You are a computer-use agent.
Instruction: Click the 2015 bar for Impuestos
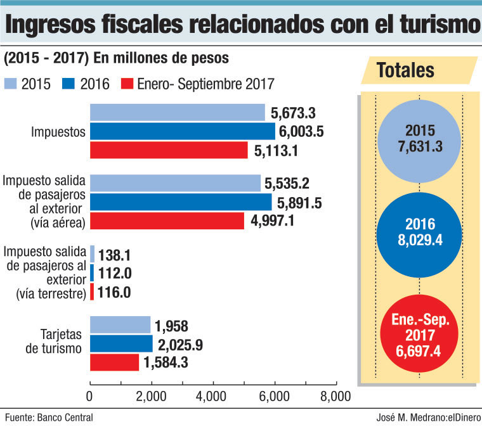pos(178,112)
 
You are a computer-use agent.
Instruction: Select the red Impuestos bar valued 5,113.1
pos(169,150)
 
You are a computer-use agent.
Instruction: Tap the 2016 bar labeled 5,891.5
pos(181,202)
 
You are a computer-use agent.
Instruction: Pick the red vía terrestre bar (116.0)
pos(92,291)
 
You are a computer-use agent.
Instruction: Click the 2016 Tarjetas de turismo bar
pos(121,343)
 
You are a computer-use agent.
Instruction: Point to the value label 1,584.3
pos(166,362)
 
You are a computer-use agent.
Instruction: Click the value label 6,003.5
pos(301,131)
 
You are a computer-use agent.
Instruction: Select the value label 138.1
pos(114,255)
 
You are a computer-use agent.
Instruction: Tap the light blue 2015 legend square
pos(10,84)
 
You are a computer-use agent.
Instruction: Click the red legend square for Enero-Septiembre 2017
pos(127,84)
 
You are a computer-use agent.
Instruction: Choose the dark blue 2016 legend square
pos(68,84)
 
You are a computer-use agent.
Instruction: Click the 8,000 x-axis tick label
pos(335,397)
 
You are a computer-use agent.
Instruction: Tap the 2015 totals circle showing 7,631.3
pos(419,141)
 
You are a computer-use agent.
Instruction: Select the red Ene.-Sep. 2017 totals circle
pos(419,333)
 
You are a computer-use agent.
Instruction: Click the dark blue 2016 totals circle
pos(419,235)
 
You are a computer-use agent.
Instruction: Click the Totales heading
pos(405,70)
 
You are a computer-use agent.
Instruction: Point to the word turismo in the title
pos(440,24)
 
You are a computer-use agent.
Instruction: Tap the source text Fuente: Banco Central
pos(49,418)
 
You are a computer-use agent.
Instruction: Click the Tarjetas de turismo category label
pos(54,342)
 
